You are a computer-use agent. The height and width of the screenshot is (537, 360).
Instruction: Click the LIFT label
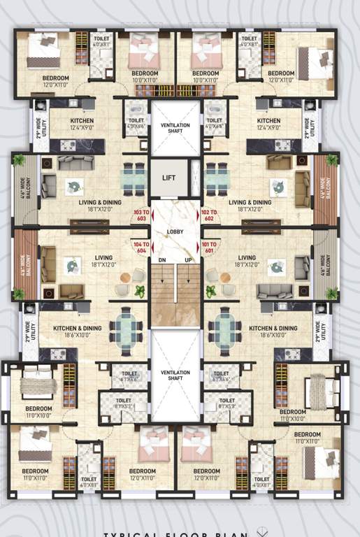tap(168, 178)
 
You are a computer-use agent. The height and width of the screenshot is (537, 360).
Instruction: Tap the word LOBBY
tap(175, 231)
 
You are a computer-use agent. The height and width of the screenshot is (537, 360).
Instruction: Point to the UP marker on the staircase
tap(187, 259)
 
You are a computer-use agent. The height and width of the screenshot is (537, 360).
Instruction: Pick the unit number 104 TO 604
tap(142, 247)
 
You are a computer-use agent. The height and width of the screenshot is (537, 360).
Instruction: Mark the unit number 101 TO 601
tap(208, 247)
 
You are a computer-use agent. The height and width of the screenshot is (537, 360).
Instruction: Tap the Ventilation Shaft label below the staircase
tap(175, 375)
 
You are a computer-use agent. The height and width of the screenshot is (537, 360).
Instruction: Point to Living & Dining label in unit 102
tap(250, 206)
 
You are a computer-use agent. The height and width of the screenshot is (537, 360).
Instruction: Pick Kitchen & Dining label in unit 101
tap(273, 331)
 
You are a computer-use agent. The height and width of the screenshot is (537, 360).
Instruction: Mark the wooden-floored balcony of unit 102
tap(325, 199)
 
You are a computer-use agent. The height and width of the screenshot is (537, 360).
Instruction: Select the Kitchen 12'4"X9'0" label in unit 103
tap(82, 124)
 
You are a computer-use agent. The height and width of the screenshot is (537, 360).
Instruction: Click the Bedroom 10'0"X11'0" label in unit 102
tap(206, 76)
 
